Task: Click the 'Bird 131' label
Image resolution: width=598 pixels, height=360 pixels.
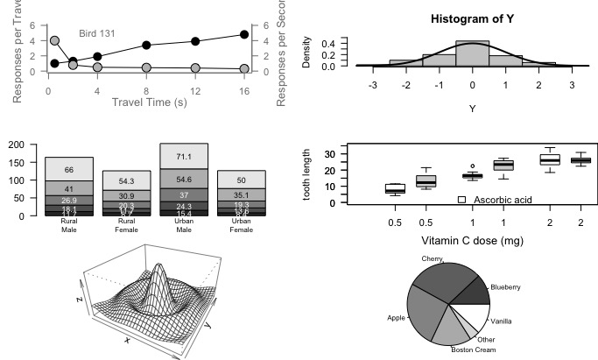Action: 97,33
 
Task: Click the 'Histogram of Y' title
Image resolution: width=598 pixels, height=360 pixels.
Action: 472,19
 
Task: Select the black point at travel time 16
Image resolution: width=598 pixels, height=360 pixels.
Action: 243,35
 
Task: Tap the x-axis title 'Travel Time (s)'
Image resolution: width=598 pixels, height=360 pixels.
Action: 150,102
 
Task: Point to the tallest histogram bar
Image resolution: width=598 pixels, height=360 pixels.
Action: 472,53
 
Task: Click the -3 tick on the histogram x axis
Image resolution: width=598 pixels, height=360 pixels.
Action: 373,85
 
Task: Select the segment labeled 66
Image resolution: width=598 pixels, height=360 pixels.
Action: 69,170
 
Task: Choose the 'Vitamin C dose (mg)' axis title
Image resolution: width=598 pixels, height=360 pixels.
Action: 472,241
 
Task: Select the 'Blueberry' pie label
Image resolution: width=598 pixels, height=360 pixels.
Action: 505,287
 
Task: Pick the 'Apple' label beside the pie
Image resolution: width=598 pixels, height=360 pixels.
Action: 396,318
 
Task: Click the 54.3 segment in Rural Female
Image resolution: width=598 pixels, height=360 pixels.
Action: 127,180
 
